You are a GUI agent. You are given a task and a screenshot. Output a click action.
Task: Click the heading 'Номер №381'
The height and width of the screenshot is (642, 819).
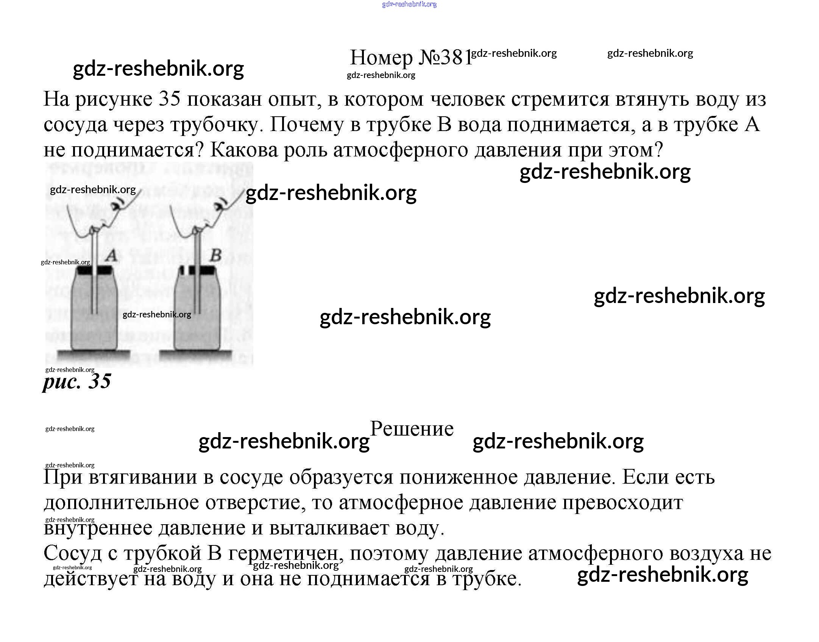click(x=411, y=58)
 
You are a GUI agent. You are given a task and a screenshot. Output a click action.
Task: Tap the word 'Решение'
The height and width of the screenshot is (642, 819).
click(x=412, y=429)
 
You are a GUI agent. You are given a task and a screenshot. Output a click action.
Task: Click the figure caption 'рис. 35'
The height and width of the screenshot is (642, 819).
click(x=77, y=381)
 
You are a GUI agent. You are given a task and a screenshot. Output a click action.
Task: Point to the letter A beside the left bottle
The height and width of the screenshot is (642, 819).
click(x=111, y=256)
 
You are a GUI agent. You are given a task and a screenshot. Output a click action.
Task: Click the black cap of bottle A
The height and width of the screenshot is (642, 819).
click(x=94, y=270)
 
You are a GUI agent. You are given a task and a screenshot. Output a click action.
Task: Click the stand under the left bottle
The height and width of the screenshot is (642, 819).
click(x=93, y=355)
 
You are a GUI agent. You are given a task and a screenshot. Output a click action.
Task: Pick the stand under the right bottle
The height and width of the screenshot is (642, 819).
click(x=195, y=355)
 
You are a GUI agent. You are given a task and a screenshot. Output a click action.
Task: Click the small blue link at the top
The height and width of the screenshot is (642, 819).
click(x=409, y=4)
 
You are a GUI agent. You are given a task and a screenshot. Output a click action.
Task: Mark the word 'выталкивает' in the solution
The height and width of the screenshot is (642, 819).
click(x=329, y=528)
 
